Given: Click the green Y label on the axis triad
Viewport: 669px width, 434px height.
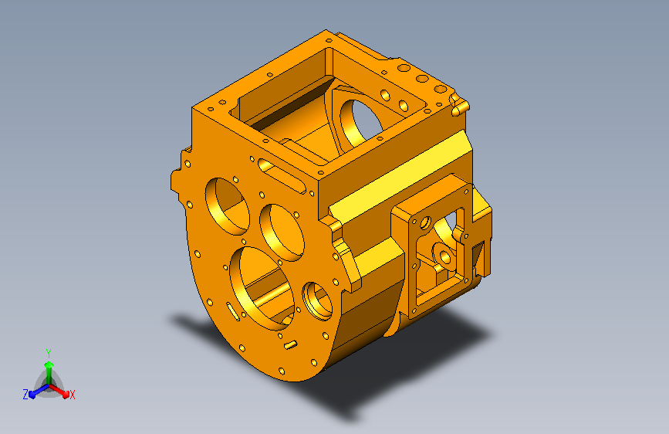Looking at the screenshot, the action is coord(49,354).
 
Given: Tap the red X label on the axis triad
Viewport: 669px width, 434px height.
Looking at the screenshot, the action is coord(72,395).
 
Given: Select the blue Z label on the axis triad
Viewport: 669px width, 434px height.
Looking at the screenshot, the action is coord(25,395).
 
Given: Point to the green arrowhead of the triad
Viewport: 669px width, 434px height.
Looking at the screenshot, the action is coord(49,364).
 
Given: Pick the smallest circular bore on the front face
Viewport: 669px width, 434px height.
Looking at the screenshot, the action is coord(317,301).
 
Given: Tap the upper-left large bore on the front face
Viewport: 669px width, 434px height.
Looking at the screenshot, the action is coord(227,206).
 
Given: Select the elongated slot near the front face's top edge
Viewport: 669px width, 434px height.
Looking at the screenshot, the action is coord(282,176).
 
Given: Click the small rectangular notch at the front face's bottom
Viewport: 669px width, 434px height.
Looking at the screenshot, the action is coord(291,344).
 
